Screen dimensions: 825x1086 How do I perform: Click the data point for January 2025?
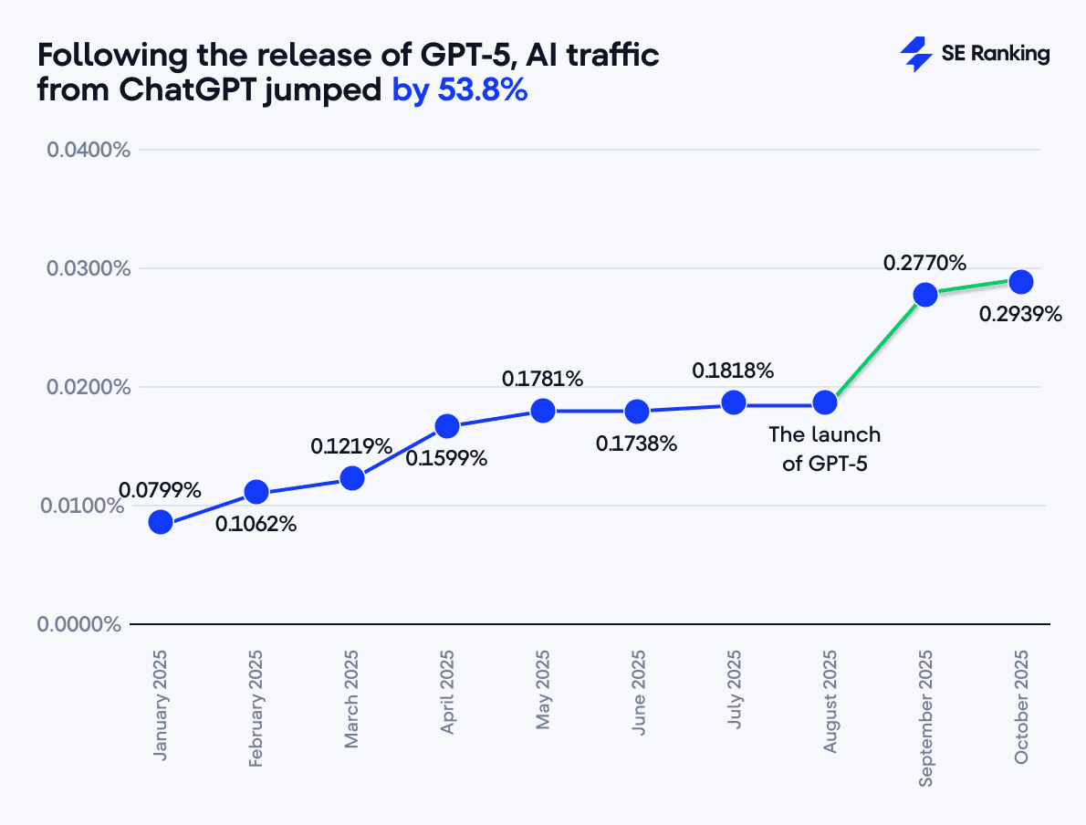coord(161,522)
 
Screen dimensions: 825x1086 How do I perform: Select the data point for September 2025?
coord(925,295)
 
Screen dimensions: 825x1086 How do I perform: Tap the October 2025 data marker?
coord(1020,281)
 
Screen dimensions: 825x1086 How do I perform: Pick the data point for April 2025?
coord(447,425)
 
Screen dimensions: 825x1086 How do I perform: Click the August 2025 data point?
coord(825,402)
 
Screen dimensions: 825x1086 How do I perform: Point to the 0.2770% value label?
coord(924,263)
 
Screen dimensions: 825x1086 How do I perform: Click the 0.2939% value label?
coord(1020,315)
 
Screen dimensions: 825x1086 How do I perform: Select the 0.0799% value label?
coord(159,490)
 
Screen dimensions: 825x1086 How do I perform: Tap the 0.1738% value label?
coord(637,444)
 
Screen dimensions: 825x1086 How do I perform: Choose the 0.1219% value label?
coord(351,446)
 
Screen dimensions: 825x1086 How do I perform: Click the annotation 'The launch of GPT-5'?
coord(824,448)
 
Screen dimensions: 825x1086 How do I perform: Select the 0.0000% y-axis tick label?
coord(79,624)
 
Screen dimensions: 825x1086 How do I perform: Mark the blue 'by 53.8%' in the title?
coord(460,91)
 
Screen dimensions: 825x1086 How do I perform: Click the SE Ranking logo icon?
coord(915,54)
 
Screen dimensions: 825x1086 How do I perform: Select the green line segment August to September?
coord(875,349)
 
